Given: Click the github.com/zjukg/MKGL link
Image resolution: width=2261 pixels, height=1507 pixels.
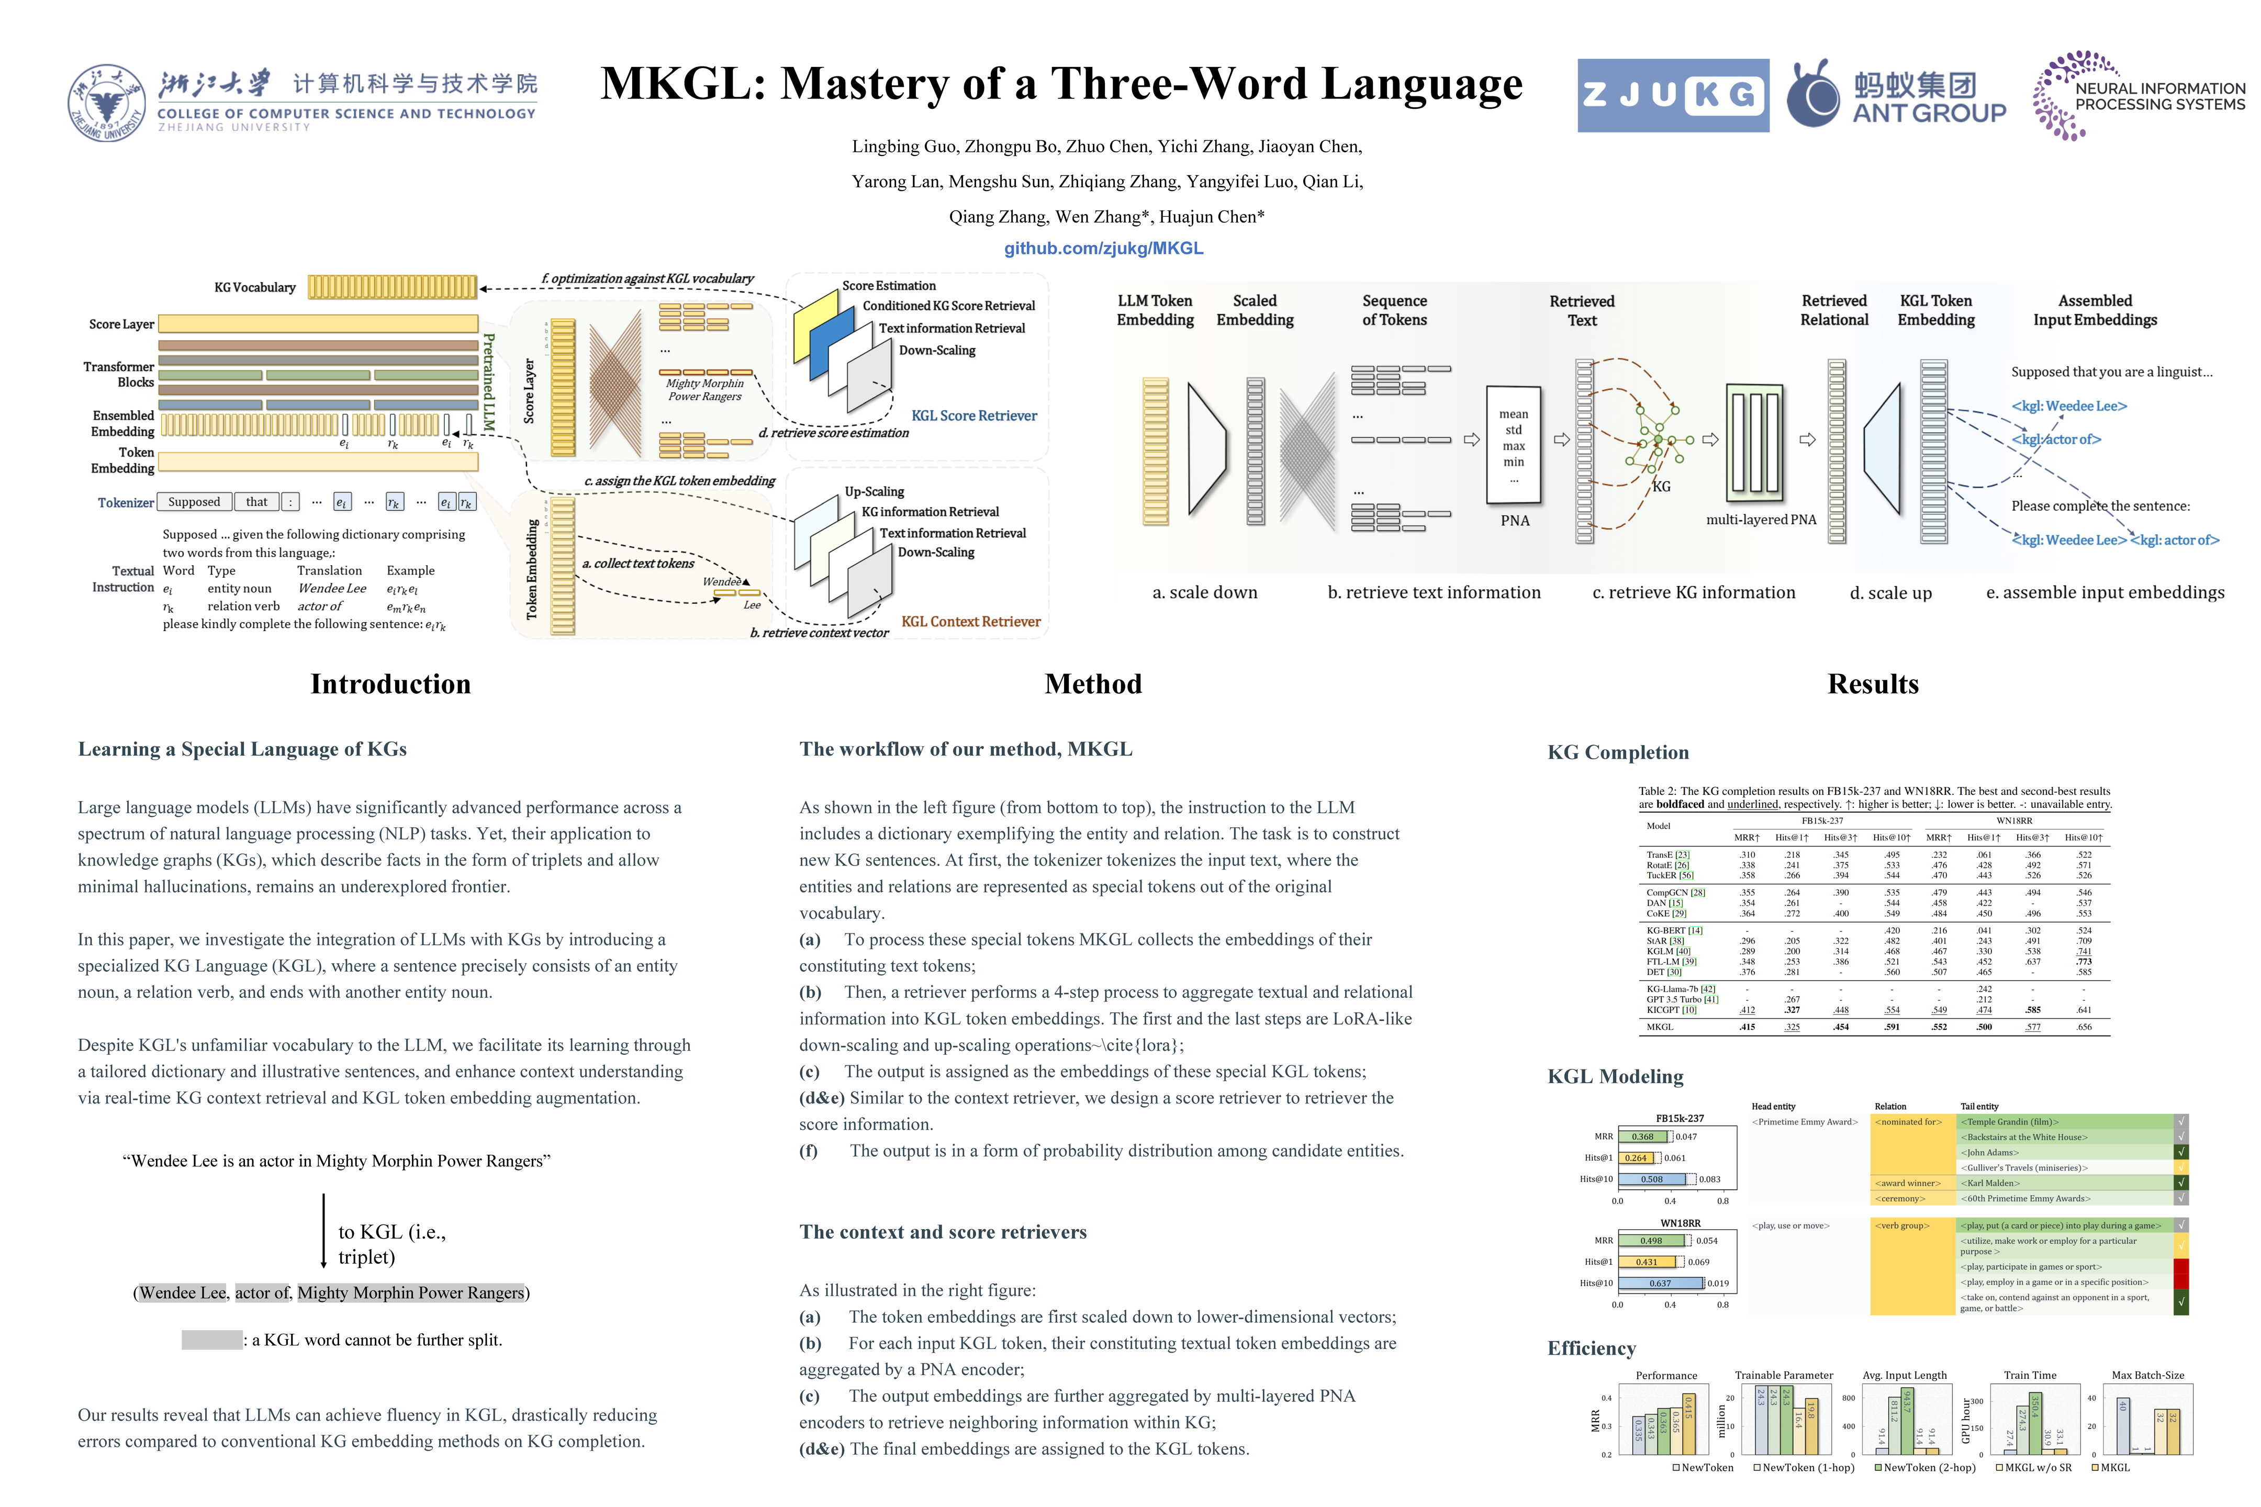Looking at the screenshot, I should [1104, 248].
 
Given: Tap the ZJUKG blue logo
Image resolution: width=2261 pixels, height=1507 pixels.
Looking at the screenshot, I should [1673, 95].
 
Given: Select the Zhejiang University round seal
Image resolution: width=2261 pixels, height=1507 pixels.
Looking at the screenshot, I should [106, 103].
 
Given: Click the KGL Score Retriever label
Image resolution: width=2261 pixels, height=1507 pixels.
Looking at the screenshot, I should [974, 415].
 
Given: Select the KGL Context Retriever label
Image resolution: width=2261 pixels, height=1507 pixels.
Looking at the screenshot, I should [970, 622].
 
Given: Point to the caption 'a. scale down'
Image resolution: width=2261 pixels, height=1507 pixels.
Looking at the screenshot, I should [1204, 592].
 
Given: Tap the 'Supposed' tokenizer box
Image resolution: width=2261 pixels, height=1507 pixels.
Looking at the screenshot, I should [194, 502].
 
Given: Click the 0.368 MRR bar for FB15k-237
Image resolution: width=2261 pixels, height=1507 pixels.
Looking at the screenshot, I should [1643, 1136].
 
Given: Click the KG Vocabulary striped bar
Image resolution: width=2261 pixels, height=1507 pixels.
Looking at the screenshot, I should [392, 286].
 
